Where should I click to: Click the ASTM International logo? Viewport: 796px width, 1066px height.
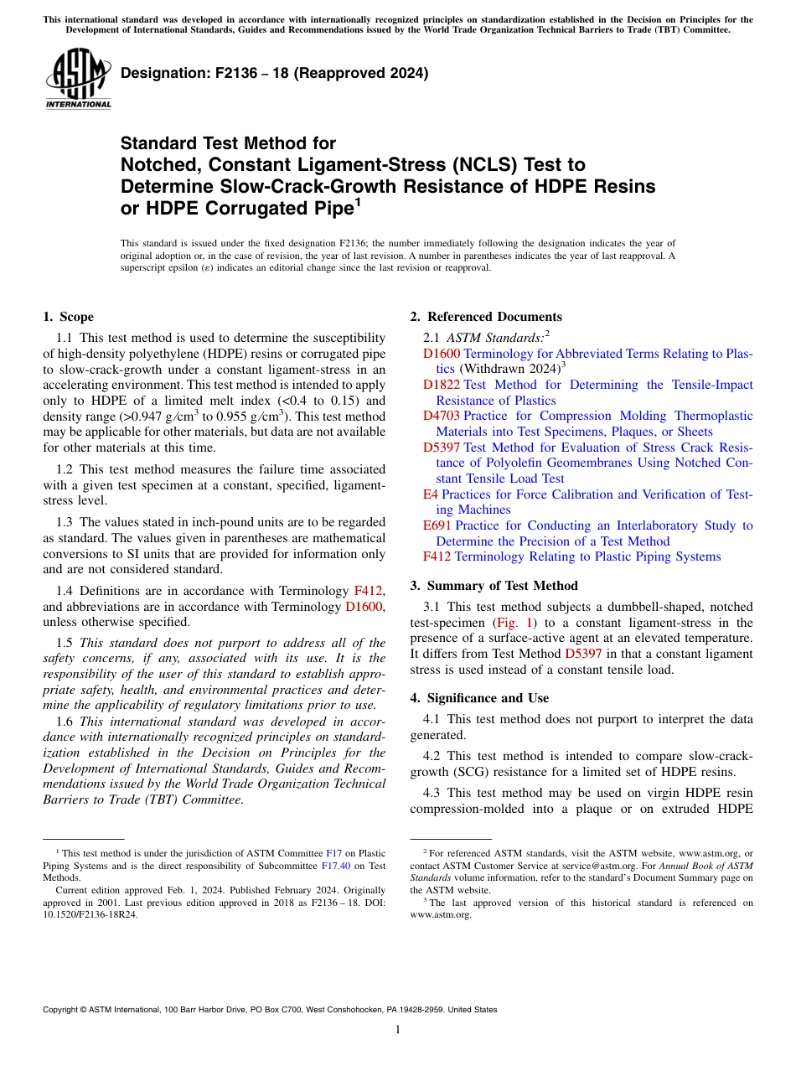pyautogui.click(x=78, y=79)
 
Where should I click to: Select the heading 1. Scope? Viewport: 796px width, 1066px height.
pyautogui.click(x=68, y=317)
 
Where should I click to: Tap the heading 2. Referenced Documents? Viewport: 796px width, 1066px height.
pyautogui.click(x=485, y=317)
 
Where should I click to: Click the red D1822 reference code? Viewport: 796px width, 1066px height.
pyautogui.click(x=442, y=385)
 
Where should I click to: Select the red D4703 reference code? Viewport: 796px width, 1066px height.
pyautogui.click(x=442, y=416)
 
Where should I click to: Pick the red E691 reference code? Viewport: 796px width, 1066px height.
pyautogui.click(x=437, y=525)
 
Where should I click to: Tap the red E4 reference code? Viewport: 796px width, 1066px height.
pyautogui.click(x=431, y=494)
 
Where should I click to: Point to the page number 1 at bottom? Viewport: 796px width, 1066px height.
pyautogui.click(x=398, y=1030)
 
